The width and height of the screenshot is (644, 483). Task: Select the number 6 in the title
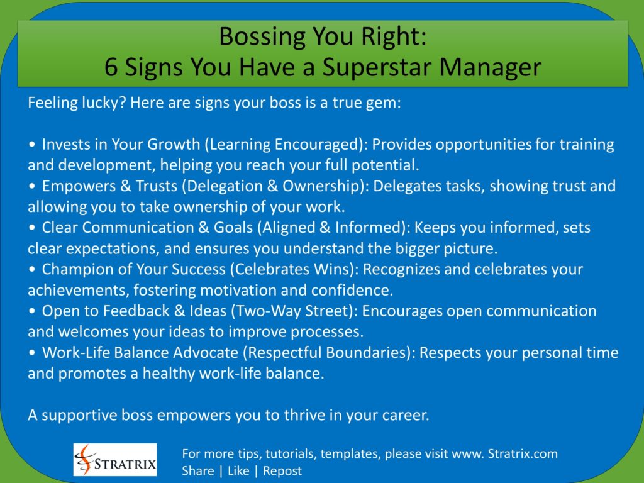111,67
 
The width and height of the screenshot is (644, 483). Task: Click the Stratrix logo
115,460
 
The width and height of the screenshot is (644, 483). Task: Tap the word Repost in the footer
282,471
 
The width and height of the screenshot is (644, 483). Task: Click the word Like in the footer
238,471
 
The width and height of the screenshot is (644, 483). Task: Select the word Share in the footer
198,471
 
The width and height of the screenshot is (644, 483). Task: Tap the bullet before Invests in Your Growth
32,145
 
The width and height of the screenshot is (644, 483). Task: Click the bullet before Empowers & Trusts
32,186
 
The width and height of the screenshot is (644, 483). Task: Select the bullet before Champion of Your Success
32,269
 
